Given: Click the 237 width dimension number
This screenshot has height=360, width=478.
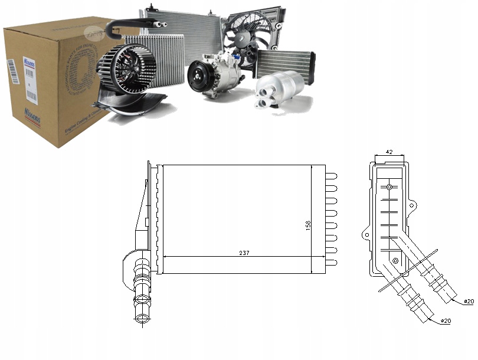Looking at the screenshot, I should point(244,253).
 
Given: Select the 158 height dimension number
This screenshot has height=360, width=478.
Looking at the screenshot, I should point(308,225).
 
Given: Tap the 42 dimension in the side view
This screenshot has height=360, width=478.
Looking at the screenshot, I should point(389,152).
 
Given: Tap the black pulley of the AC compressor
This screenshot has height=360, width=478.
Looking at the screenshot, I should point(198,77).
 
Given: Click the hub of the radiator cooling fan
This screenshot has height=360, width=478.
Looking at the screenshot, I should point(244,38).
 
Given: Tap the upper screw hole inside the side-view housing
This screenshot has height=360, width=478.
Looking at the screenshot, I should point(389,188).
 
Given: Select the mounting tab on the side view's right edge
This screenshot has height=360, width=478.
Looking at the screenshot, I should point(413,206).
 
